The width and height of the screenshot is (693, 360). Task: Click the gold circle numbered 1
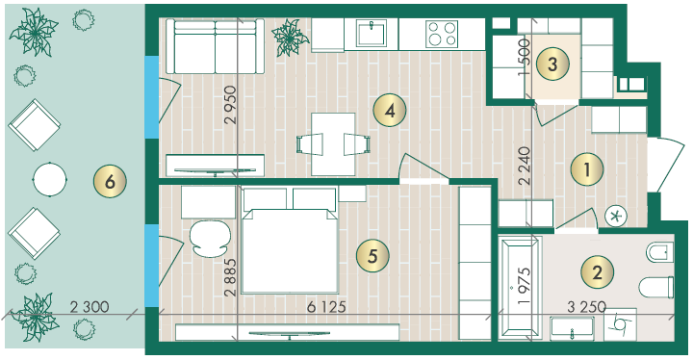[x=587, y=169]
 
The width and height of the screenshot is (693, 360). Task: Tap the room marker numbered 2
[x=597, y=272]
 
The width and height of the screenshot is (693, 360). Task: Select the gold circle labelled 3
[x=552, y=64]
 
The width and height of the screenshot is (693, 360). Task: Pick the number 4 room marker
[x=390, y=111]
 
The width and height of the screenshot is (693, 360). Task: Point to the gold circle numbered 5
[x=372, y=256]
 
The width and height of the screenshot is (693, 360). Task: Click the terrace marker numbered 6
[x=110, y=181]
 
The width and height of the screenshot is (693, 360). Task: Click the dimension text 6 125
[x=326, y=306]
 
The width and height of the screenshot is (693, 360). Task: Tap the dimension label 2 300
[x=90, y=306]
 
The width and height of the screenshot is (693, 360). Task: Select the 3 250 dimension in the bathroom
[x=586, y=306]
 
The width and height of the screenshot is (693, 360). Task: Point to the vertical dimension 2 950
[x=231, y=104]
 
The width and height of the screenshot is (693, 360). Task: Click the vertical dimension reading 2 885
[x=231, y=277]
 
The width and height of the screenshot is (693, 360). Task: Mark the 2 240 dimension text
[x=525, y=166]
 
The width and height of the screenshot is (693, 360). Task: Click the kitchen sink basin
[x=372, y=33]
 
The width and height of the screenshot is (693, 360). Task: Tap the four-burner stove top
[x=442, y=34]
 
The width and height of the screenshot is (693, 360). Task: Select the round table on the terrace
[x=50, y=180]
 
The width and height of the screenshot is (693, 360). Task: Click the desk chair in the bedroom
[x=210, y=239]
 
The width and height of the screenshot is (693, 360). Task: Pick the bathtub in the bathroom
[x=520, y=288]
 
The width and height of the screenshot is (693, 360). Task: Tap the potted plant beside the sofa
[x=289, y=37]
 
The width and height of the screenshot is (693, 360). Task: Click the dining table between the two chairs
[x=333, y=144]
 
